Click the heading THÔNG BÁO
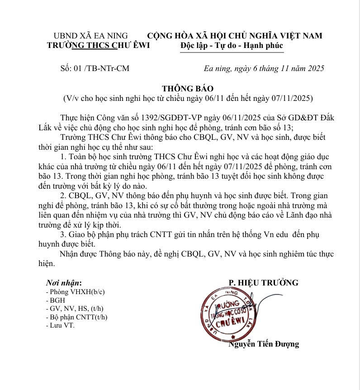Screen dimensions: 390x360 click(x=187, y=88)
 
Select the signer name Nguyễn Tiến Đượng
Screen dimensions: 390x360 click(x=264, y=344)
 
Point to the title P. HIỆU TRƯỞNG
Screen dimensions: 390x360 click(x=263, y=283)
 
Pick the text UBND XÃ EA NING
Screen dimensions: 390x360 click(x=91, y=35)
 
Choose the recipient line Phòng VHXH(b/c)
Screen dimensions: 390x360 click(x=72, y=292)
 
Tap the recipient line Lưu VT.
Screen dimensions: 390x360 click(x=62, y=325)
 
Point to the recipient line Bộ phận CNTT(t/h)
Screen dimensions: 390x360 click(x=77, y=317)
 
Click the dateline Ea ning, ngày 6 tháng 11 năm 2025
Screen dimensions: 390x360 click(x=264, y=69)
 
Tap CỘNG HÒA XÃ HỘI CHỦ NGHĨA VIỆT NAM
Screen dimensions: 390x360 click(x=235, y=35)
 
